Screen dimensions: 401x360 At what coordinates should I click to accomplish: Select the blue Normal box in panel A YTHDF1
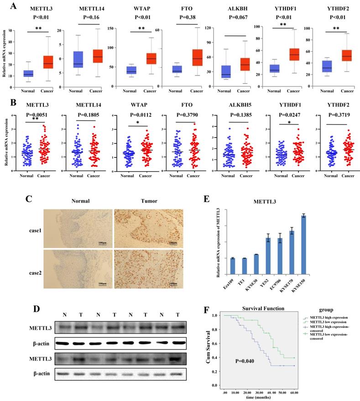point(274,68)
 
